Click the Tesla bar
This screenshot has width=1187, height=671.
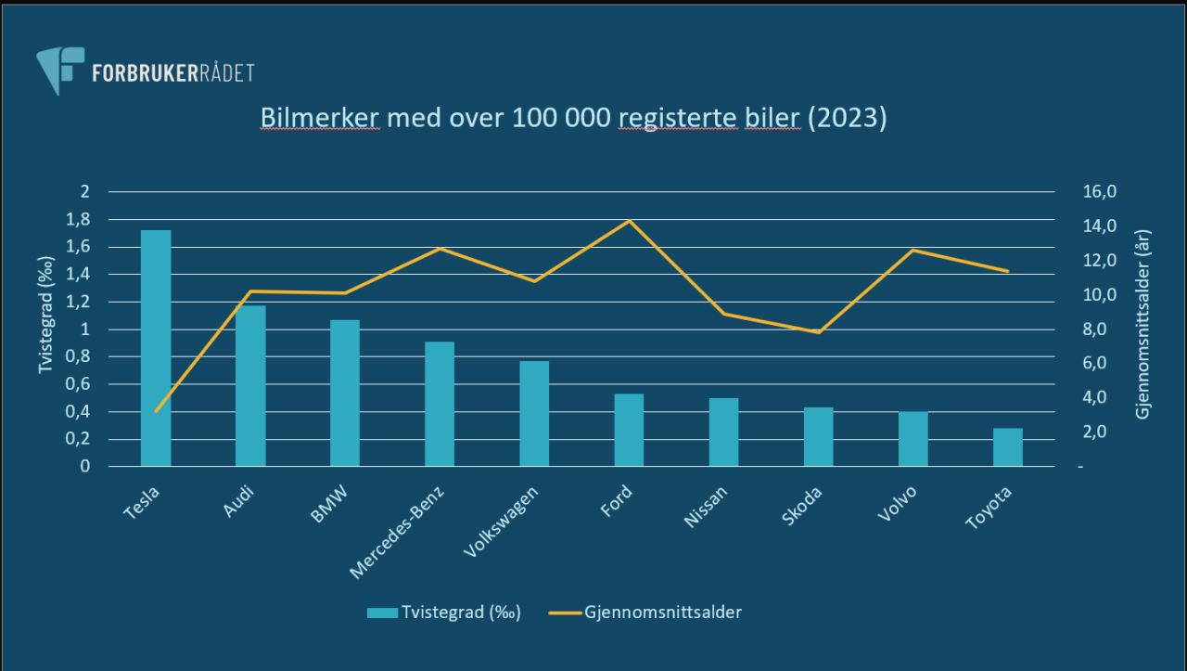(x=156, y=348)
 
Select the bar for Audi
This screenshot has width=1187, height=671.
(x=250, y=385)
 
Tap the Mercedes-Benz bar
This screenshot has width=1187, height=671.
(x=440, y=404)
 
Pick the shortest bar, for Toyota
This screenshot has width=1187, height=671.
(x=1008, y=447)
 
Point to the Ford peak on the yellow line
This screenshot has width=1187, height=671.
(x=629, y=220)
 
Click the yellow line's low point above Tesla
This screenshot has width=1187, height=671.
(x=156, y=411)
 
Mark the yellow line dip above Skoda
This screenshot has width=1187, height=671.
(x=819, y=332)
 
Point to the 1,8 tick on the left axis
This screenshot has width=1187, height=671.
(x=80, y=220)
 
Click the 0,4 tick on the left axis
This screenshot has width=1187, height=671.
(x=80, y=412)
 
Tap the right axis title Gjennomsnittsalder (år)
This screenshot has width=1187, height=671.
(x=1143, y=325)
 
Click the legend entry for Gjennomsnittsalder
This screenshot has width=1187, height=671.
(x=662, y=613)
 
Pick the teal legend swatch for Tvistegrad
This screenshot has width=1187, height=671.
(x=381, y=613)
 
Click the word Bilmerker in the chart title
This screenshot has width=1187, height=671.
(x=319, y=119)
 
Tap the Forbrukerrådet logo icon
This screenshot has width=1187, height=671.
(x=59, y=70)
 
